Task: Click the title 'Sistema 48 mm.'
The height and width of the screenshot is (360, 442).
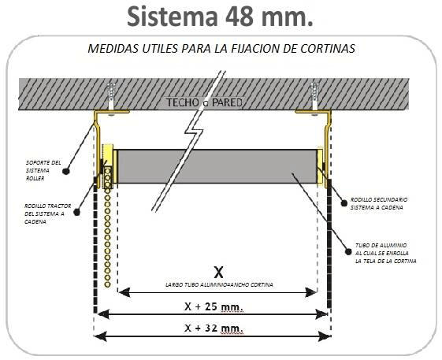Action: pyautogui.click(x=220, y=17)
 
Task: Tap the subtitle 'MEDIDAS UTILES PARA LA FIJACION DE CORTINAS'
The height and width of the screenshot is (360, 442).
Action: pyautogui.click(x=221, y=49)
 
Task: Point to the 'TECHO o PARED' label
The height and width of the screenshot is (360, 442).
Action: pyautogui.click(x=204, y=102)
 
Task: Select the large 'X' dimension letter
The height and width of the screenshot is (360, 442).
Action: pyautogui.click(x=218, y=272)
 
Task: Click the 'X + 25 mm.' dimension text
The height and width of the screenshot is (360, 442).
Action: pyautogui.click(x=214, y=306)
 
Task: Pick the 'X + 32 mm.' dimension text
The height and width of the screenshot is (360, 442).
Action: pyautogui.click(x=214, y=328)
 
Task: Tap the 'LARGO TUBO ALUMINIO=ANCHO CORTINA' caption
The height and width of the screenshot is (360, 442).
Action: pyautogui.click(x=219, y=284)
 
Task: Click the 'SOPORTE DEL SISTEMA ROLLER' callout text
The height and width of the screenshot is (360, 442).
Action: pyautogui.click(x=43, y=171)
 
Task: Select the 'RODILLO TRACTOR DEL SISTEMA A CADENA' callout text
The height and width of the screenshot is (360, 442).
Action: pyautogui.click(x=47, y=213)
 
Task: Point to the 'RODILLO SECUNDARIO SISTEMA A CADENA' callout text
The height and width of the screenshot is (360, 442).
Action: pyautogui.click(x=379, y=203)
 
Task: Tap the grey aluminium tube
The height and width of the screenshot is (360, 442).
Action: pyautogui.click(x=217, y=166)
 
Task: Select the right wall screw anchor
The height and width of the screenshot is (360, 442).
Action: pyautogui.click(x=314, y=96)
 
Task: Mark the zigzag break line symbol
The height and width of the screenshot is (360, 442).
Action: pyautogui.click(x=189, y=141)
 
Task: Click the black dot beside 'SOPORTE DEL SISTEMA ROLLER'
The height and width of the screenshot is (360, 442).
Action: pyautogui.click(x=65, y=171)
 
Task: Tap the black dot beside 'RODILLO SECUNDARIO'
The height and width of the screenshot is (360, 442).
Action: pyautogui.click(x=344, y=203)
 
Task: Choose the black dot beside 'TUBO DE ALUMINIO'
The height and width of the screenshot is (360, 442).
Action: pyautogui.click(x=348, y=251)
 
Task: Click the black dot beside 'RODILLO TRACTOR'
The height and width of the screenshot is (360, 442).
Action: pyautogui.click(x=76, y=212)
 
